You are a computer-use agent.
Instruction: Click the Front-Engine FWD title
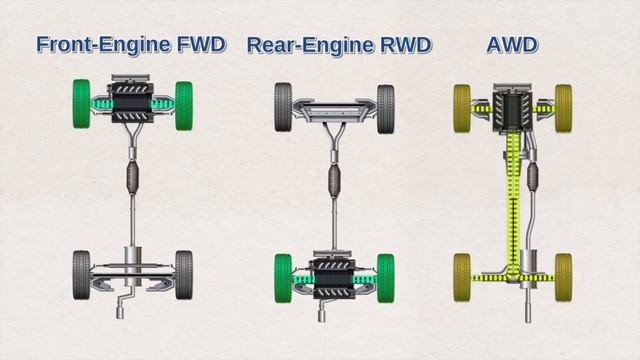130,44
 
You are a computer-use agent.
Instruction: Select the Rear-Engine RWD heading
338,44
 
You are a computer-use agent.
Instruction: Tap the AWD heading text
511,44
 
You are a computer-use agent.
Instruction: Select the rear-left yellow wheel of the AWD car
462,270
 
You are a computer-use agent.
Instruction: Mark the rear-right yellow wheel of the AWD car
563,270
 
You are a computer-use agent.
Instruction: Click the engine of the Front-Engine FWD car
133,100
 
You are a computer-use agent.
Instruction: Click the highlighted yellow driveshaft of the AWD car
511,200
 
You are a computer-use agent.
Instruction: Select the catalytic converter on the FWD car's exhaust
133,182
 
